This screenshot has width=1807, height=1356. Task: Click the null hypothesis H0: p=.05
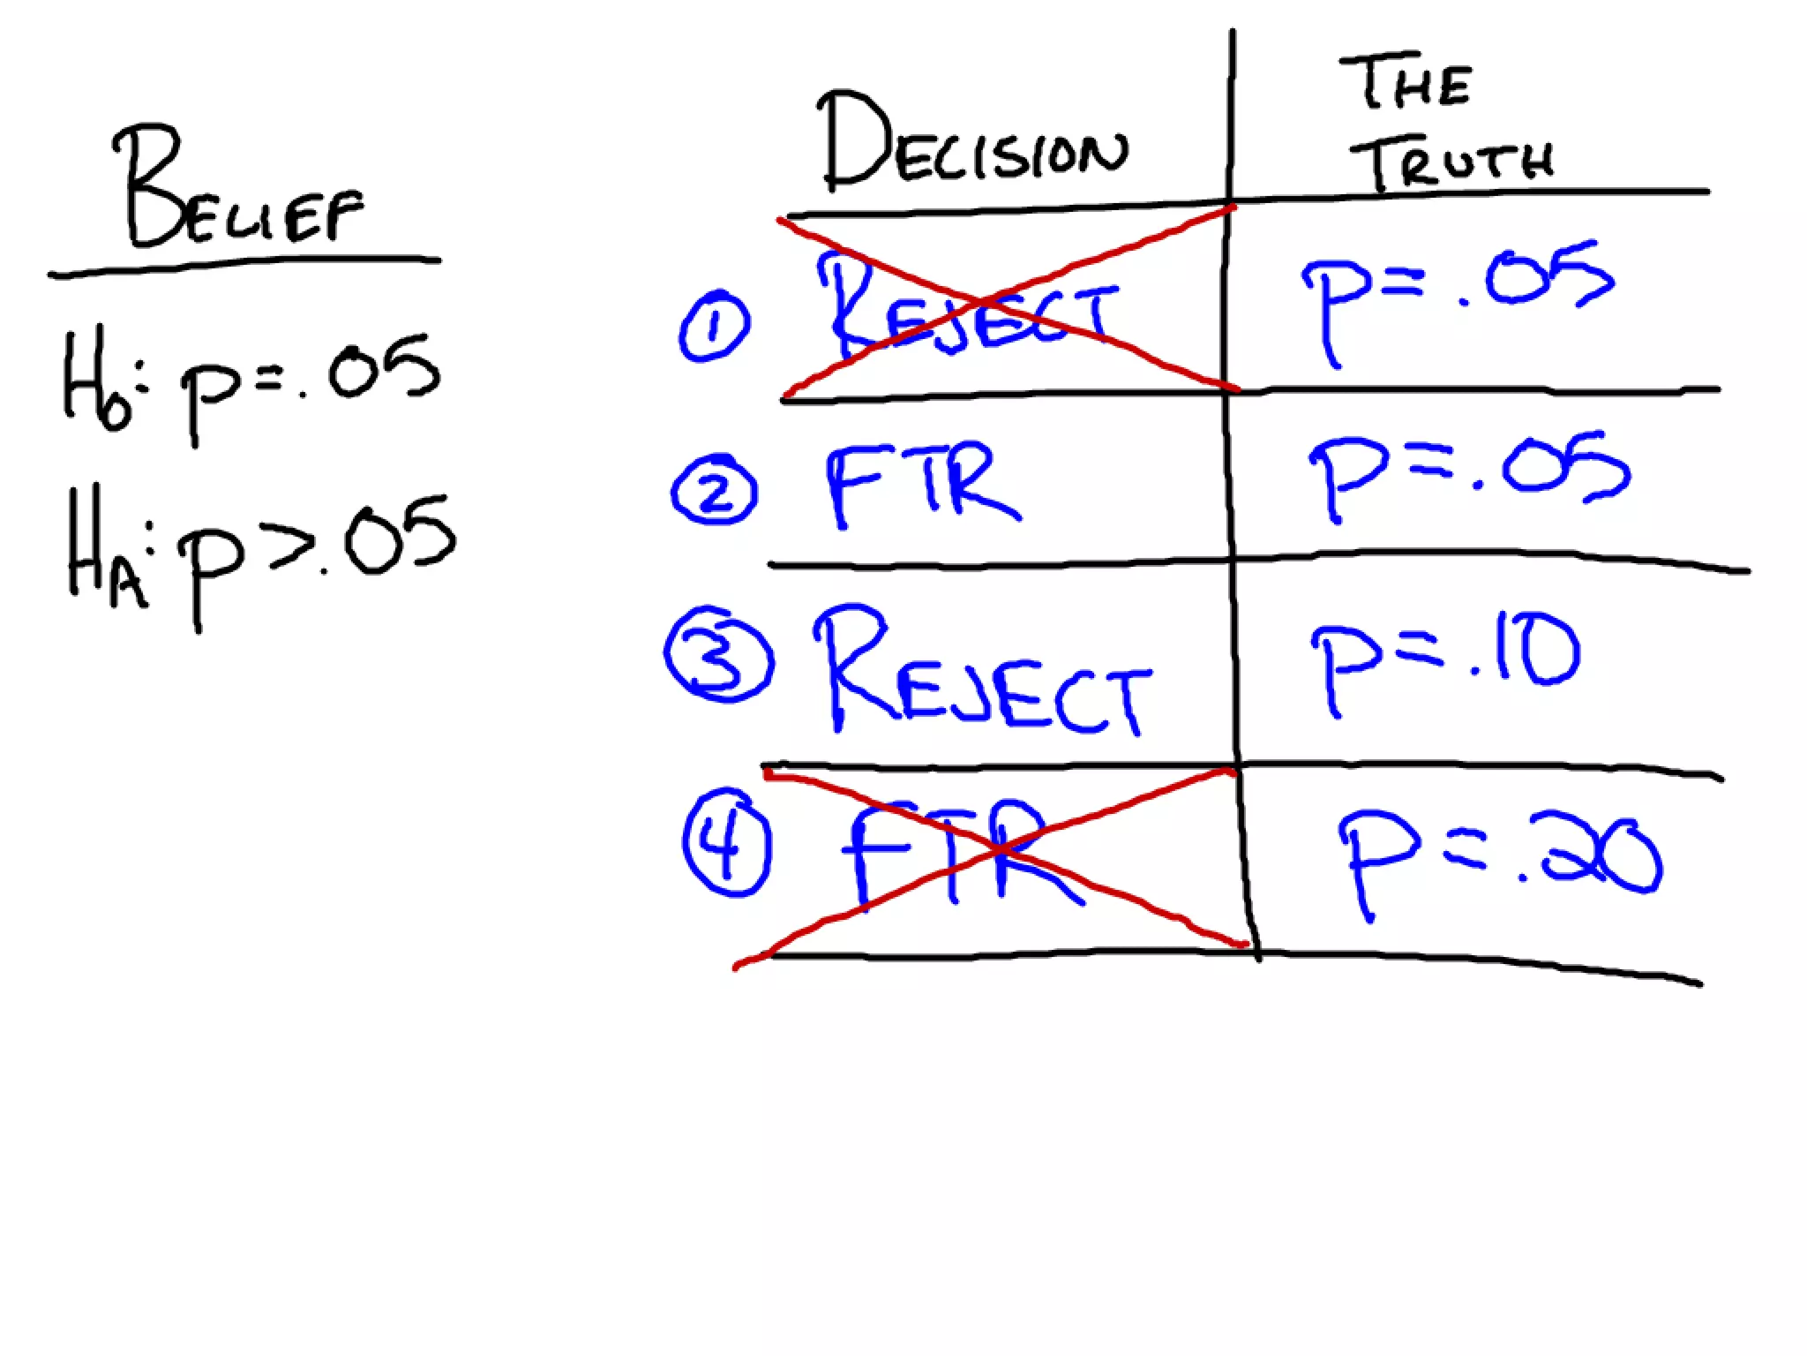click(x=251, y=380)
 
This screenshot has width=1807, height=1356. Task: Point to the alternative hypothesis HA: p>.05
click(x=260, y=547)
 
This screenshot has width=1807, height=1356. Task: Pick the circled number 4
click(x=727, y=843)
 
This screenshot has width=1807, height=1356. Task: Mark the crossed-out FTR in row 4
click(x=957, y=852)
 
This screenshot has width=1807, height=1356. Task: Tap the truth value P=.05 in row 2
click(x=1469, y=472)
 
